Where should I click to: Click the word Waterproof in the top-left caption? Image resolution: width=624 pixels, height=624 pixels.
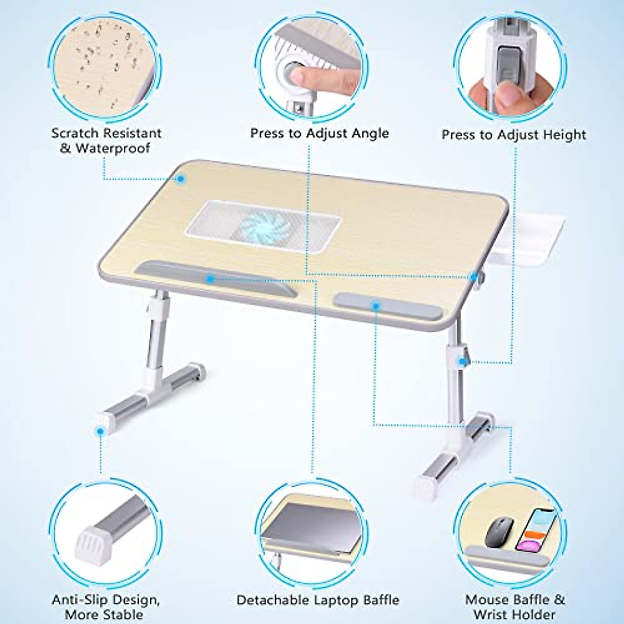point(113,148)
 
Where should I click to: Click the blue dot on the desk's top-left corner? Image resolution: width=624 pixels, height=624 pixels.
point(181,178)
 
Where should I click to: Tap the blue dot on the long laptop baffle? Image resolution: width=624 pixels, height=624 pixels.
point(210,279)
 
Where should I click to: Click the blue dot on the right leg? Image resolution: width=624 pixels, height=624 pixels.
point(462,361)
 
